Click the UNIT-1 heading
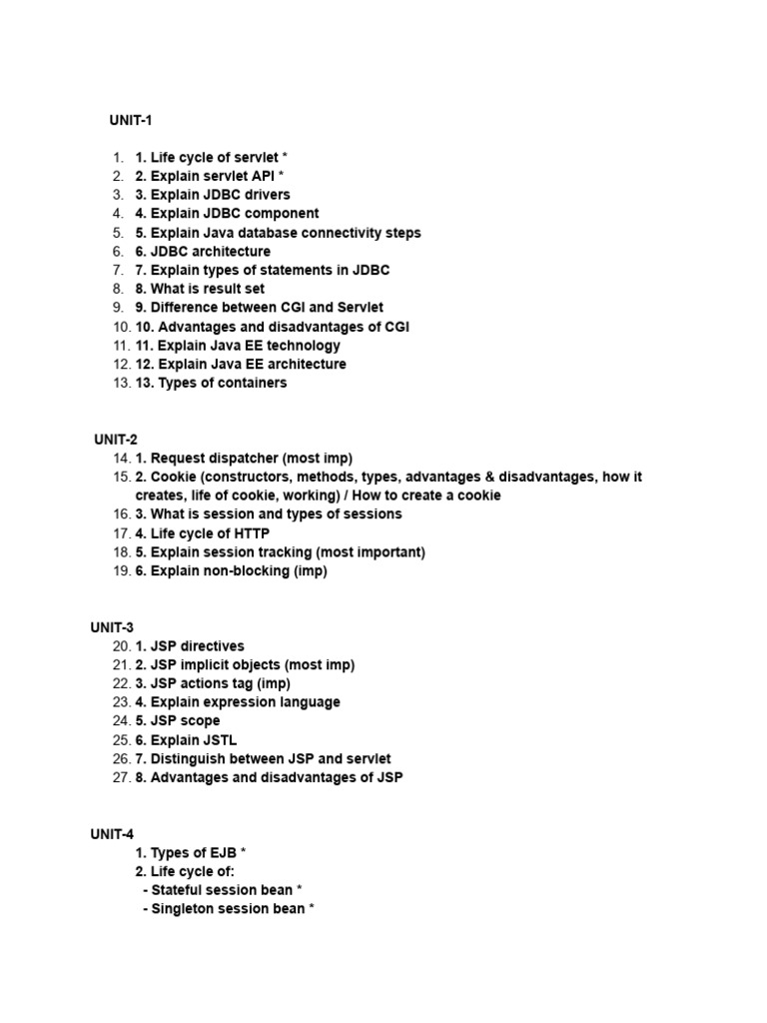130,121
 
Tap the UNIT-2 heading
116,439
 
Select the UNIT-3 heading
112,627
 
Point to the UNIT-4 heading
112,833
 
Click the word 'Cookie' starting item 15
172,477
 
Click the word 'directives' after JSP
211,646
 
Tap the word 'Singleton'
184,909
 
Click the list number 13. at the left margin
121,383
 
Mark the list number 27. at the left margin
121,778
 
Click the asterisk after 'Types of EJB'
244,852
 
